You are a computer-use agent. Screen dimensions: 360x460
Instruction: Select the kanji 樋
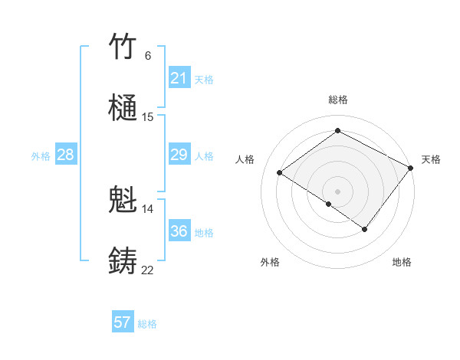click(123, 108)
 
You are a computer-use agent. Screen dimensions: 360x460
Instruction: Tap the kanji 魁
click(123, 201)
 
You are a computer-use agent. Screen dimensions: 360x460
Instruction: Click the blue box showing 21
click(179, 78)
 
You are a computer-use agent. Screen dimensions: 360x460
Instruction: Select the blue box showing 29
click(179, 155)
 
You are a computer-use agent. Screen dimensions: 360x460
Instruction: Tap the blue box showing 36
click(179, 231)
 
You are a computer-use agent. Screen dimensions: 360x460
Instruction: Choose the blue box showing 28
click(66, 155)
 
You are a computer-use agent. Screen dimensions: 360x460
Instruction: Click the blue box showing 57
click(123, 322)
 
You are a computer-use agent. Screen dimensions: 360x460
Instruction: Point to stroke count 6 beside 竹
click(148, 55)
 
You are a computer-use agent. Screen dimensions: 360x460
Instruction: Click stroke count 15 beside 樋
click(148, 117)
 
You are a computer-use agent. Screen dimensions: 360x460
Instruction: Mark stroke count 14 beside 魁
click(148, 209)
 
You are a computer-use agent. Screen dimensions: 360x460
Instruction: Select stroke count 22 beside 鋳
click(148, 270)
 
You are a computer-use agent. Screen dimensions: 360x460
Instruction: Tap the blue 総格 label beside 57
click(147, 324)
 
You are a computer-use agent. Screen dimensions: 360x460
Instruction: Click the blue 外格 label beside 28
click(41, 155)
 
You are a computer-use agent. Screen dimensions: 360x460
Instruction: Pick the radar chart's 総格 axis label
click(338, 100)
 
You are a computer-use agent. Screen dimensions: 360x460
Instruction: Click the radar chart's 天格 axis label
click(431, 159)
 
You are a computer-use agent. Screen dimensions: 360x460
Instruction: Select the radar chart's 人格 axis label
click(245, 159)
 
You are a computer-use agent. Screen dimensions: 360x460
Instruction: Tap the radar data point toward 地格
click(365, 229)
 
